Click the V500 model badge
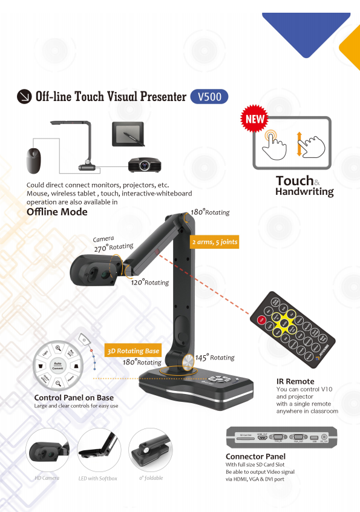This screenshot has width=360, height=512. pyautogui.click(x=209, y=96)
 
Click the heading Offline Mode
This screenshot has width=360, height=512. pyautogui.click(x=57, y=212)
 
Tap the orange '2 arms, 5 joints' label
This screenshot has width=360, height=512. pyautogui.click(x=214, y=242)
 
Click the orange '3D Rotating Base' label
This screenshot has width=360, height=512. pyautogui.click(x=133, y=351)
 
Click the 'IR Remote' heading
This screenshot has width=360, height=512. pyautogui.click(x=295, y=381)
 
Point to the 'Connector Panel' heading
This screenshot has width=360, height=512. pyautogui.click(x=255, y=456)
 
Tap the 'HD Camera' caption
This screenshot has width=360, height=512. pyautogui.click(x=47, y=478)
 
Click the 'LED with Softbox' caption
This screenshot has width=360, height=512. pyautogui.click(x=98, y=478)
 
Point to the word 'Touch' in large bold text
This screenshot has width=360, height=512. pyautogui.click(x=295, y=180)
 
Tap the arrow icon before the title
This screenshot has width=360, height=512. pyautogui.click(x=25, y=96)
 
